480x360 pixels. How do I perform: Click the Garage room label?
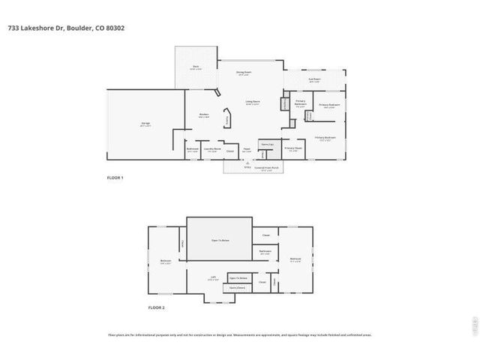[145, 125]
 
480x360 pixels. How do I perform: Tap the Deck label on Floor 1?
[196, 67]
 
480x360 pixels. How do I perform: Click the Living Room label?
[253, 103]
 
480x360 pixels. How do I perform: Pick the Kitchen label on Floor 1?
[203, 115]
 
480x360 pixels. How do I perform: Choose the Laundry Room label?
[212, 149]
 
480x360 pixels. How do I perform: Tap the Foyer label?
[246, 150]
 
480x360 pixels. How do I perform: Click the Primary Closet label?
[293, 148]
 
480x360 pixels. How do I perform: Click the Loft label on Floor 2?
[214, 276]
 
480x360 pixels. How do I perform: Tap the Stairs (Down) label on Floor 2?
[238, 287]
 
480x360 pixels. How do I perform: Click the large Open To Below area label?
[220, 241]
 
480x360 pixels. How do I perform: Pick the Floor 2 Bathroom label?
[265, 251]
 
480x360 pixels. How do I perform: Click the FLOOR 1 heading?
[115, 178]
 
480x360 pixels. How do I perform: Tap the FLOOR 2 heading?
[156, 308]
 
